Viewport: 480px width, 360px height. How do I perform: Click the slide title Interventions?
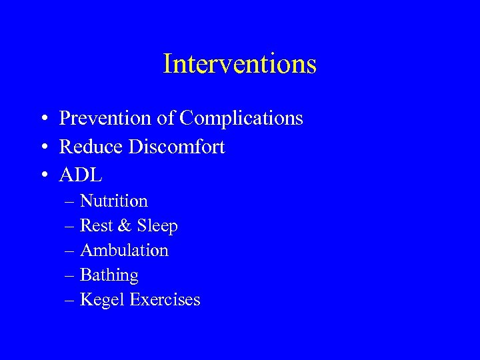click(x=239, y=64)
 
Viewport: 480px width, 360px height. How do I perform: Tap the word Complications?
click(x=241, y=119)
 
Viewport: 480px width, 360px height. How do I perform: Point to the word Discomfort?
click(x=177, y=147)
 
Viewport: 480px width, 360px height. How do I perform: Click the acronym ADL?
click(x=81, y=175)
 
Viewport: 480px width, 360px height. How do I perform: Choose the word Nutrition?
click(x=113, y=201)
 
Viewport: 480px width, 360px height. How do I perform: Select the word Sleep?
click(x=157, y=226)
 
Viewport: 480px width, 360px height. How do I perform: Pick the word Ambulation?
click(x=124, y=251)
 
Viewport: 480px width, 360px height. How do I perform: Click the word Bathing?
click(x=109, y=275)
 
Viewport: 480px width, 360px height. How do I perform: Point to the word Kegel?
click(x=102, y=300)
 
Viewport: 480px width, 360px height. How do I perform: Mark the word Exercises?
click(x=165, y=300)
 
